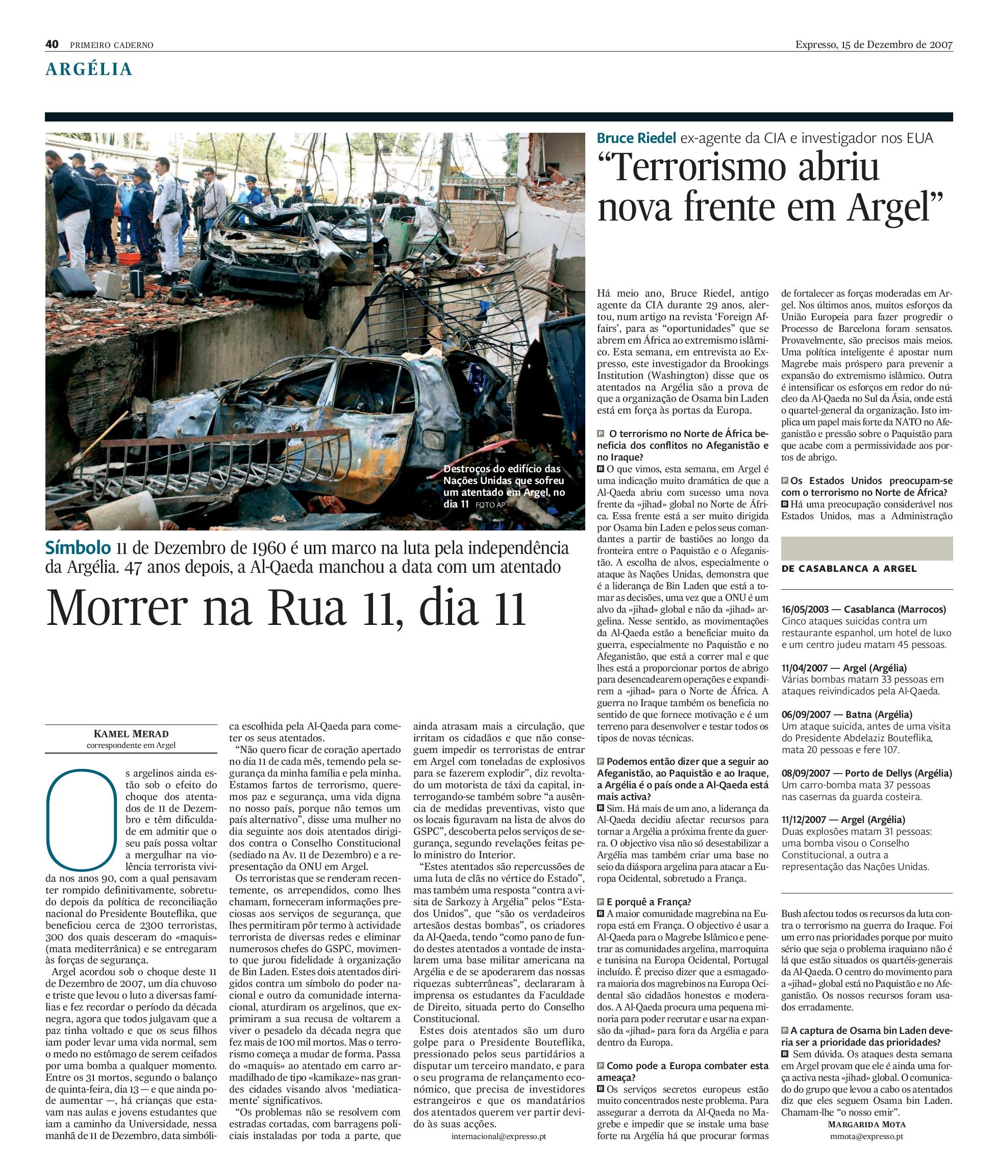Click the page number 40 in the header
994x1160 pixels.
[52, 44]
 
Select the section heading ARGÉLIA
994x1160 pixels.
[88, 69]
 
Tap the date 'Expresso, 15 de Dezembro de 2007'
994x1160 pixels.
[873, 45]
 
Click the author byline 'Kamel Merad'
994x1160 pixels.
[131, 733]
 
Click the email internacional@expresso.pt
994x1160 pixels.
[499, 1136]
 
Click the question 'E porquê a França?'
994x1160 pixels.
[649, 902]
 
